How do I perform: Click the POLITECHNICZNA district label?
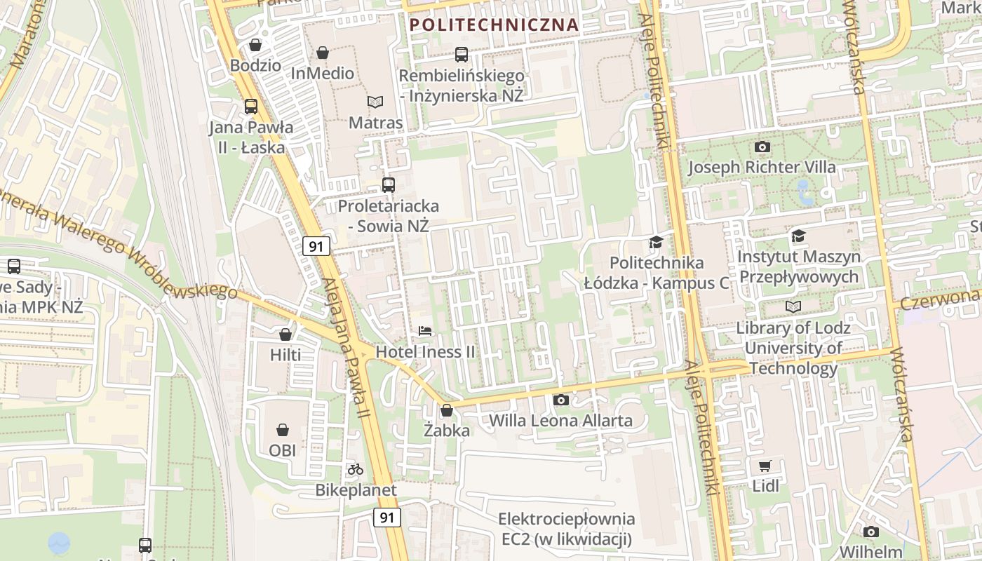click(x=494, y=25)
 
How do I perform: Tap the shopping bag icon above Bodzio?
click(x=255, y=45)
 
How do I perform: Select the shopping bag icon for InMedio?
click(x=323, y=53)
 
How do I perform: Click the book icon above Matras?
click(x=375, y=102)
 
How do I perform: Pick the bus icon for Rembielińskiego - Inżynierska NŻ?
click(x=462, y=54)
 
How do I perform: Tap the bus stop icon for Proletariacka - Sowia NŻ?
click(x=388, y=185)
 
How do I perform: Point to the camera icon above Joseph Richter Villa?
click(x=762, y=147)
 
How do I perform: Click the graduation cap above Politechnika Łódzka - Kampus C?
click(x=656, y=242)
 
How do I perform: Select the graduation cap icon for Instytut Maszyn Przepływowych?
click(x=798, y=236)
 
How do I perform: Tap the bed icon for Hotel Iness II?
click(x=425, y=330)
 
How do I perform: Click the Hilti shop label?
click(x=285, y=355)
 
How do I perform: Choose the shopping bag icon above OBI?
click(x=282, y=429)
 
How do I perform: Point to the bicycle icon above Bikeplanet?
click(x=356, y=469)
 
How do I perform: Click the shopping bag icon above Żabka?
click(x=447, y=410)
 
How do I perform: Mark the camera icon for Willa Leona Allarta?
click(x=560, y=400)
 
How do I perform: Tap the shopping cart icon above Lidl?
click(x=765, y=466)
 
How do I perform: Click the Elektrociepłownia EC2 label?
click(x=566, y=529)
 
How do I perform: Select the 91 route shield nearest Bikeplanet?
click(x=386, y=518)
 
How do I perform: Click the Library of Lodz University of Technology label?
click(x=793, y=348)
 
